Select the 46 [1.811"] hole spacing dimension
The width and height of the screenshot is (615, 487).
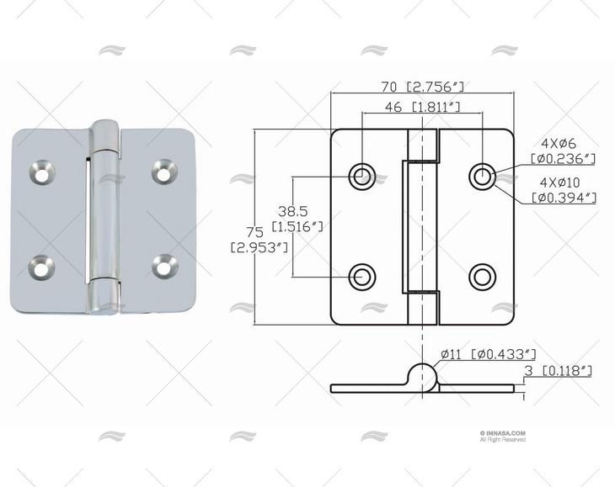pyautogui.click(x=422, y=107)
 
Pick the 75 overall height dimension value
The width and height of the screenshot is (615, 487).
pyautogui.click(x=254, y=232)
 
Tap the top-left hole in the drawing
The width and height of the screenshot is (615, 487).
pyautogui.click(x=362, y=176)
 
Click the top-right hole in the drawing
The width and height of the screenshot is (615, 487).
pyautogui.click(x=482, y=176)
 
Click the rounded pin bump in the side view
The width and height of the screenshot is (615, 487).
pyautogui.click(x=422, y=376)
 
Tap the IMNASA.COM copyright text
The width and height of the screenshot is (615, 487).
pyautogui.click(x=502, y=434)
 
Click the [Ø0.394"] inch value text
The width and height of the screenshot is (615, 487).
pyautogui.click(x=564, y=198)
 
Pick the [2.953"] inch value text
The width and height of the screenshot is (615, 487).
pyautogui.click(x=260, y=246)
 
